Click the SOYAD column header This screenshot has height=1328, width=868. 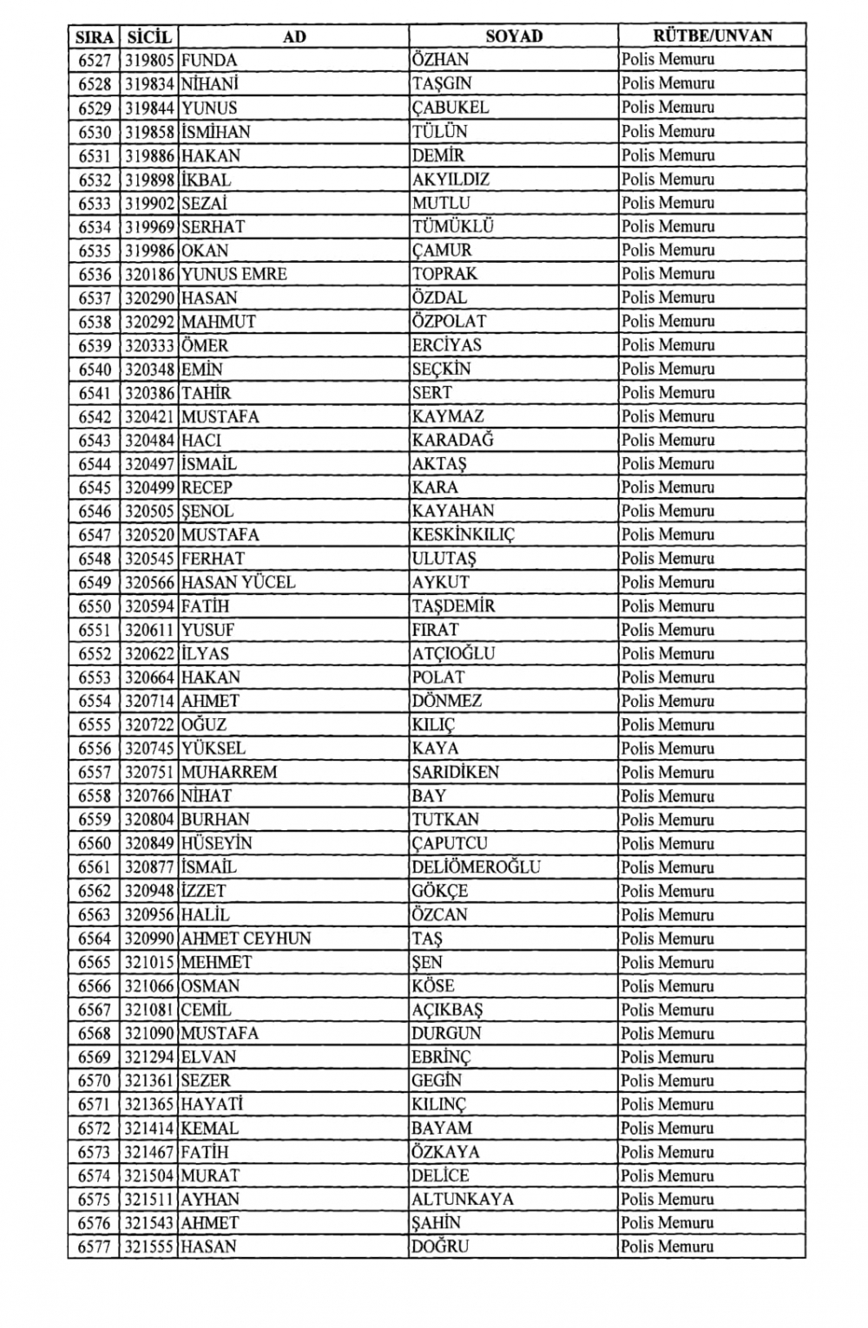pyautogui.click(x=514, y=36)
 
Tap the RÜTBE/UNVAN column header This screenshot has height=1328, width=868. pyautogui.click(x=712, y=36)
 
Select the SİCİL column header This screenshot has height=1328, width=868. pyautogui.click(x=149, y=36)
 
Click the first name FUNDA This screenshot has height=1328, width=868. pyautogui.click(x=209, y=60)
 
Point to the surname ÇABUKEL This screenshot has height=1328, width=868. pyautogui.click(x=450, y=108)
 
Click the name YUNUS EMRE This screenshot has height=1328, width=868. pyautogui.click(x=234, y=274)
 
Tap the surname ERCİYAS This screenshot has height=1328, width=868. pyautogui.click(x=447, y=345)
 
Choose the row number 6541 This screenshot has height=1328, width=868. pyautogui.click(x=95, y=393)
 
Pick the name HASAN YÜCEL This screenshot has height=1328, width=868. pyautogui.click(x=239, y=582)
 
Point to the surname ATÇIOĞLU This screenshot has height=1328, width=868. pyautogui.click(x=454, y=653)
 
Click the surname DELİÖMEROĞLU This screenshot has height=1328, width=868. pyautogui.click(x=476, y=867)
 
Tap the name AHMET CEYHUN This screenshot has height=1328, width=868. pyautogui.click(x=246, y=938)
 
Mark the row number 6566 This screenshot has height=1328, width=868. pyautogui.click(x=95, y=985)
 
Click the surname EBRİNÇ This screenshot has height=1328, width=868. pyautogui.click(x=442, y=1057)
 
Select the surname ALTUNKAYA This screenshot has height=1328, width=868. pyautogui.click(x=463, y=1199)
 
